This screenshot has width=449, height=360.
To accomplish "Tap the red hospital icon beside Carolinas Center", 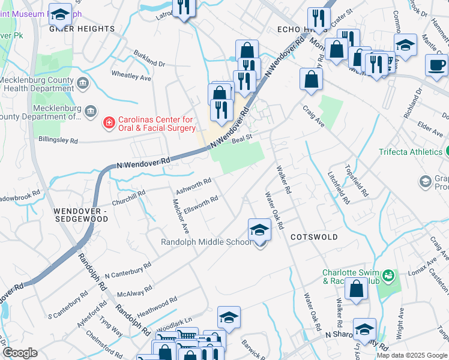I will [x=109, y=124].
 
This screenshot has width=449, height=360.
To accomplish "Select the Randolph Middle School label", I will [x=205, y=242].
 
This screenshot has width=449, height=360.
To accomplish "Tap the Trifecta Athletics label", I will [x=410, y=152].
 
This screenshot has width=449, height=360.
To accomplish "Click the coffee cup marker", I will [x=436, y=64].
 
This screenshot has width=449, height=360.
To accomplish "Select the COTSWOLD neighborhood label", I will [x=314, y=237].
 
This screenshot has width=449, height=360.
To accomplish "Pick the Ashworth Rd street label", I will [x=193, y=184].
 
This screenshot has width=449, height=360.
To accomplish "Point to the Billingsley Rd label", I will [x=58, y=141].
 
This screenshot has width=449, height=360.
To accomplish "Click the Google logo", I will [x=20, y=353].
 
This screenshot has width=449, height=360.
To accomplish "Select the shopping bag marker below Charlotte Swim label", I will [x=357, y=289].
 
